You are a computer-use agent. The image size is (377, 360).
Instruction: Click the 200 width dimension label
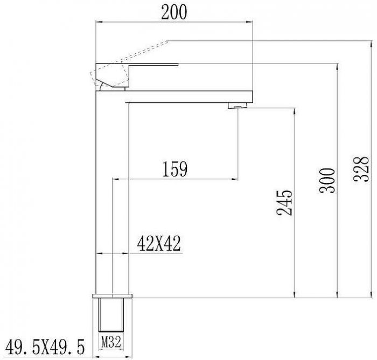[174, 11]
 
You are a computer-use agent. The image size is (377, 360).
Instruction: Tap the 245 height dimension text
[286, 202]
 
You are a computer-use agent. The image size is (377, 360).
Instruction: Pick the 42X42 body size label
[159, 244]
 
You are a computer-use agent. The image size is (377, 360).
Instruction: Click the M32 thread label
[111, 340]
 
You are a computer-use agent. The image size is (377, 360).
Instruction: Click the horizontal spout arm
[188, 95]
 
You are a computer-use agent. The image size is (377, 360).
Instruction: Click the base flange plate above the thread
[113, 297]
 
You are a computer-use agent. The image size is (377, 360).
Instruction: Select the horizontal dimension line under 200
[174, 22]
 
